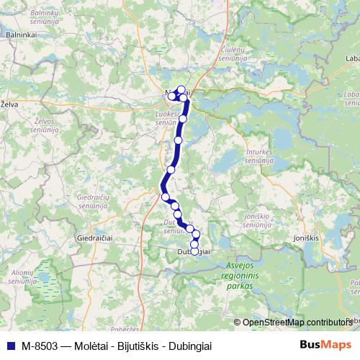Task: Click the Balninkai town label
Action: click(16, 34)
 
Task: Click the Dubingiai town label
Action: click(193, 251)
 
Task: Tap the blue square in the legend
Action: click(8, 345)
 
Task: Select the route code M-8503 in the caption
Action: click(36, 345)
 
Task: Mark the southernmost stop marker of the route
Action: click(194, 251)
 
